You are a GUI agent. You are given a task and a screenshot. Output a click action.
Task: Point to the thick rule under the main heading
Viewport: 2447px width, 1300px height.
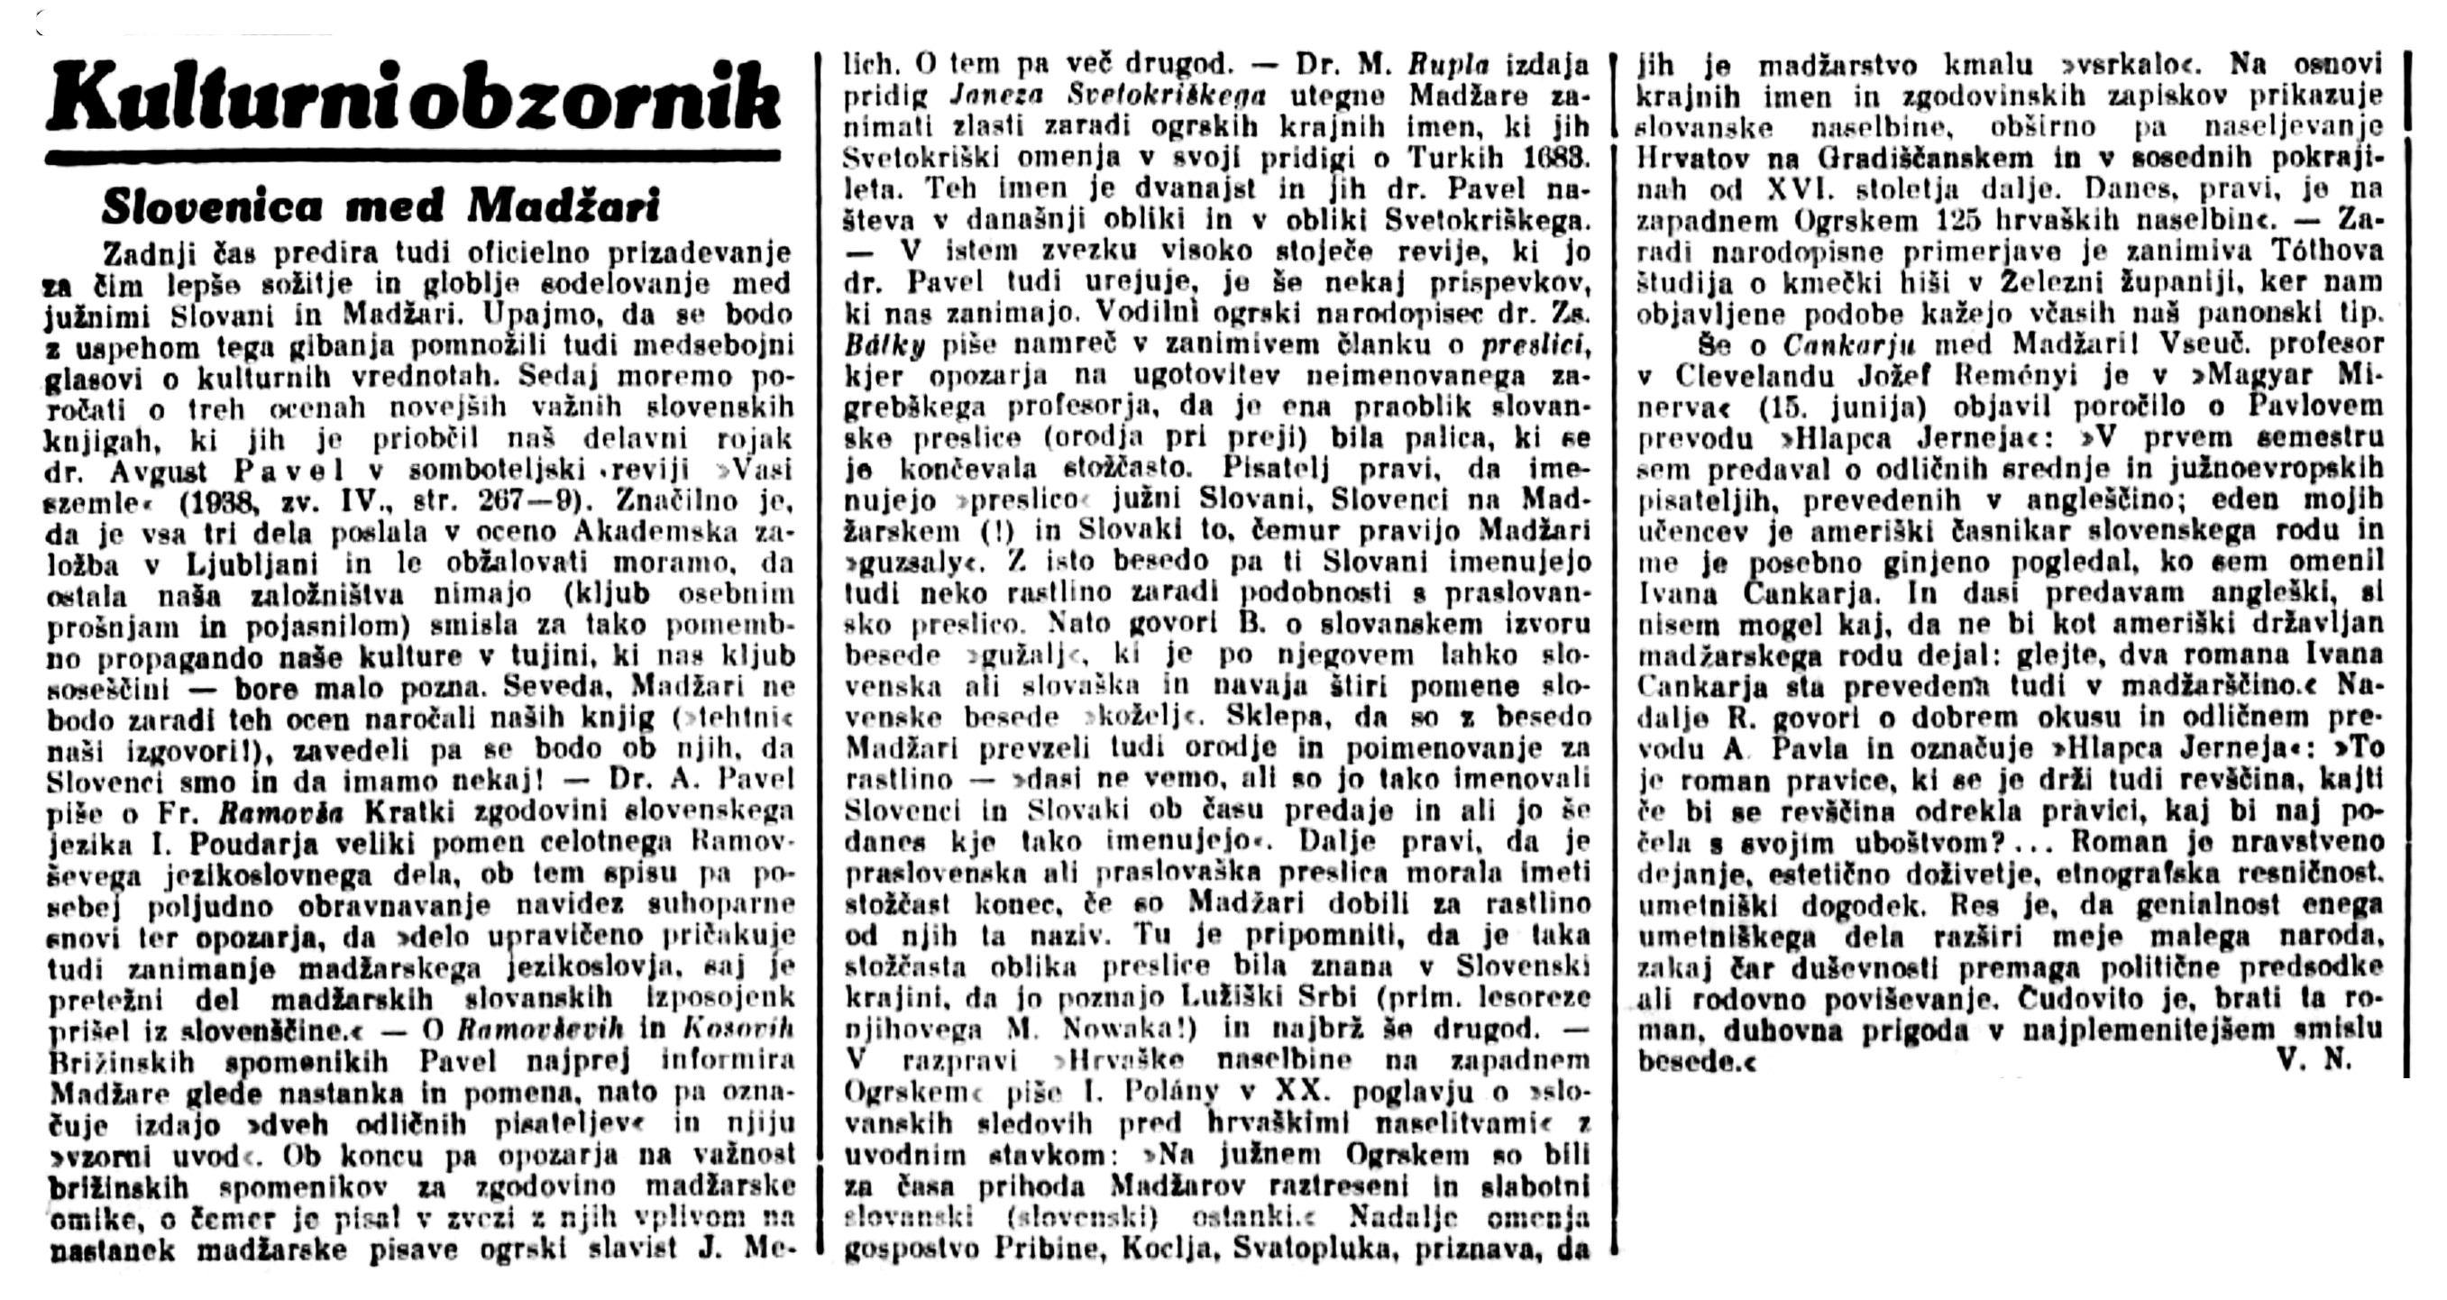tap(412, 155)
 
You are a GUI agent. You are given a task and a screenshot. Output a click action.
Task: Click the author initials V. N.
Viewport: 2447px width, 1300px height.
tap(2319, 1060)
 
